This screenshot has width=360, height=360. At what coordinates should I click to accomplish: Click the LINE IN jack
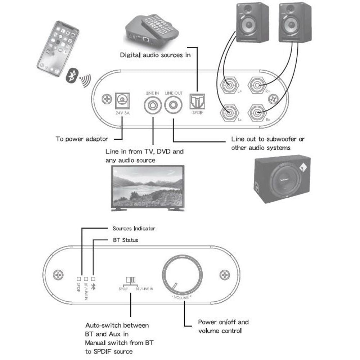(153, 106)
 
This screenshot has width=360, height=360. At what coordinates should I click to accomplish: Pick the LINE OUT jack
(174, 106)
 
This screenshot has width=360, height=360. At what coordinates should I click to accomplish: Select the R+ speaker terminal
(258, 86)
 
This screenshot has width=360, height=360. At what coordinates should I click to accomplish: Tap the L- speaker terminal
(229, 113)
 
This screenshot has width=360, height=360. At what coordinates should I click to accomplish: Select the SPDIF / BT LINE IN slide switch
(130, 280)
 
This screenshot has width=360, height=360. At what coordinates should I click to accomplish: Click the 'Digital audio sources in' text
(155, 55)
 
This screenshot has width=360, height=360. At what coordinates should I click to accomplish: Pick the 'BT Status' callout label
(123, 240)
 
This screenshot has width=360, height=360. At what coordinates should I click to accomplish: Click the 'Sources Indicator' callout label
(134, 229)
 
